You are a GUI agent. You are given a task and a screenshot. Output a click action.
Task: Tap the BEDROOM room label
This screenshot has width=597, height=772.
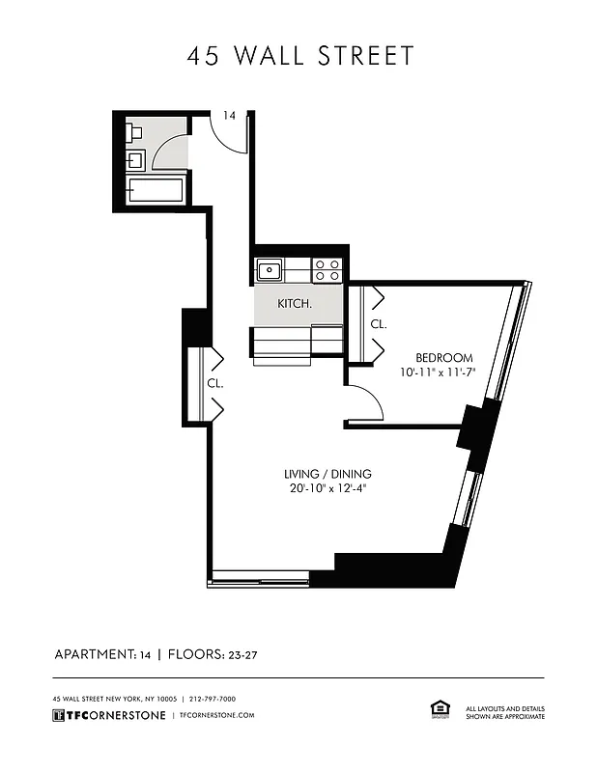point(443,357)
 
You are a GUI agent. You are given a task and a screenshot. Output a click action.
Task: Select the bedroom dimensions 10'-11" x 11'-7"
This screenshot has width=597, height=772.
point(440,372)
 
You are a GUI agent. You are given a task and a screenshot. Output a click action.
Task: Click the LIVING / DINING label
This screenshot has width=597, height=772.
point(327,474)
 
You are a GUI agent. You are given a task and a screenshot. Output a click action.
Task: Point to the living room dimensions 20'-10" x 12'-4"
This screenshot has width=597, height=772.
point(327,488)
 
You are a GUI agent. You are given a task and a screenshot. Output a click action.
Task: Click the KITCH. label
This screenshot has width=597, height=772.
point(294,304)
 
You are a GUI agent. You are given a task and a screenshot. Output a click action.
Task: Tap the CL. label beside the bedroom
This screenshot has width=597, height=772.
point(379,324)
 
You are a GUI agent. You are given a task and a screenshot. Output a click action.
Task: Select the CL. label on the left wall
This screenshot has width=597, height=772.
point(214,383)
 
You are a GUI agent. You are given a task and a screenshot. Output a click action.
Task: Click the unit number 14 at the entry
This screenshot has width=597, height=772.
point(229,116)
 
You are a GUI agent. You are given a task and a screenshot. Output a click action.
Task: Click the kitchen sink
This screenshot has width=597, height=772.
point(269,269)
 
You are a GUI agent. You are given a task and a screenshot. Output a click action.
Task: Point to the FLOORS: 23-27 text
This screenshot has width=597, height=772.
point(213,654)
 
